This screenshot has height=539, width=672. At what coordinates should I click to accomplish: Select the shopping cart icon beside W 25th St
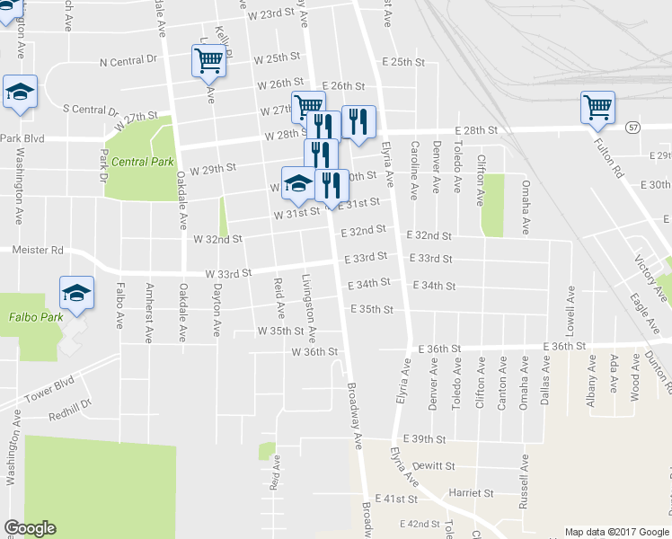click(x=208, y=60)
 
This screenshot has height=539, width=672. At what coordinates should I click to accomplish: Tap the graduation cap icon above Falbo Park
click(x=76, y=292)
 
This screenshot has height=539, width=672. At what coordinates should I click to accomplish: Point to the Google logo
click(x=29, y=528)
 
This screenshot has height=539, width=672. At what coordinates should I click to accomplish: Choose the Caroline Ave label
click(x=414, y=170)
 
